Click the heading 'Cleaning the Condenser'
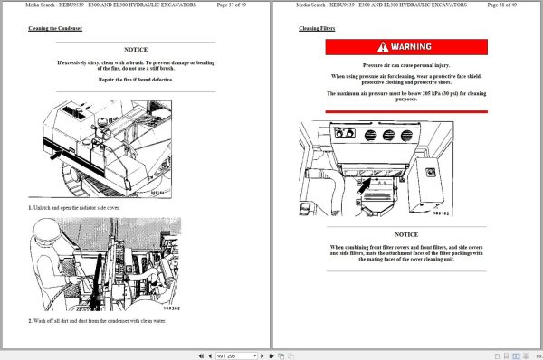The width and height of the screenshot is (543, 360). [55, 29]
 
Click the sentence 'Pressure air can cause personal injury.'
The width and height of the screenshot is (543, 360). [405, 66]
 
